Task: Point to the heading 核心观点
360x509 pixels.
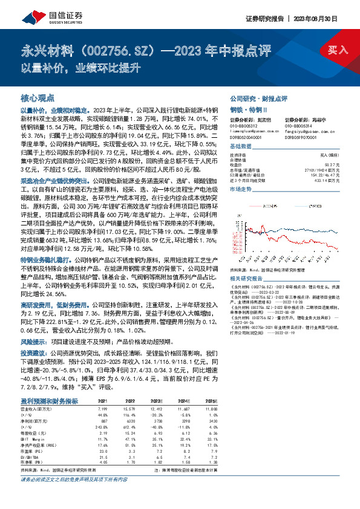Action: (38, 97)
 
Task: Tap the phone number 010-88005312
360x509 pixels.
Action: (244, 126)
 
